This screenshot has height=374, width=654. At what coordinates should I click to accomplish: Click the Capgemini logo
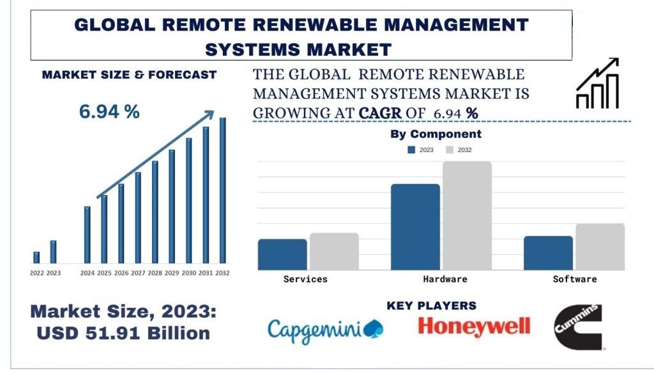coord(325,330)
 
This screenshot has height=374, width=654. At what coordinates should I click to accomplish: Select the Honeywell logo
coord(474,327)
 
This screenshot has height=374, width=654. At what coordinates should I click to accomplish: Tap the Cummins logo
coord(578,326)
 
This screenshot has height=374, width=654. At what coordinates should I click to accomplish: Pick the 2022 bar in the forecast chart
coord(36,257)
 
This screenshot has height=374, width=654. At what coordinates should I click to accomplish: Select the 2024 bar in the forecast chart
coord(87,234)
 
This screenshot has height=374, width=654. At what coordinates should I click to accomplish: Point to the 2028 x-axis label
coord(155,273)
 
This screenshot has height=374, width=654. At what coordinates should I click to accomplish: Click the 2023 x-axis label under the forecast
coord(54,273)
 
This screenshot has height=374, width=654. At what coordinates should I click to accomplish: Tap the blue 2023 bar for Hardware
coord(415,226)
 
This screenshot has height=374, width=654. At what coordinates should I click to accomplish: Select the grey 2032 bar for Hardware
coord(467,215)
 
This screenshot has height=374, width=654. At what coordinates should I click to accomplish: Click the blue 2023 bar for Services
coord(282,254)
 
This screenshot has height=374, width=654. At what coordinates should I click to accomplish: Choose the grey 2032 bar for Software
coord(600,246)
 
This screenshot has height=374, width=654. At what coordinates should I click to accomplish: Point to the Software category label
coord(575,279)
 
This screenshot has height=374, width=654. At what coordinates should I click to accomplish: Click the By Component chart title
coord(436,134)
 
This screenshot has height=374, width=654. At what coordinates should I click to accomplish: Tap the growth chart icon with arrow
coord(597,83)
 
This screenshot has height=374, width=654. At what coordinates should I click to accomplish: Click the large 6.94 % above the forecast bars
coord(109,112)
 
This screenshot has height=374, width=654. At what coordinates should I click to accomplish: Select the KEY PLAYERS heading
coord(431,306)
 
